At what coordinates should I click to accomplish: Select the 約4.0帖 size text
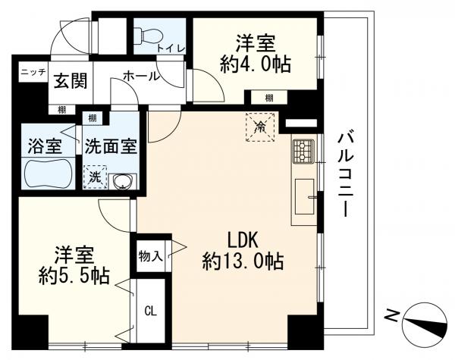click(256, 64)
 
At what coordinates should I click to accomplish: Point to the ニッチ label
click(33, 72)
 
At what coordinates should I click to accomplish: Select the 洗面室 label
click(111, 145)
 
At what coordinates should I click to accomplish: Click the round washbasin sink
click(121, 181)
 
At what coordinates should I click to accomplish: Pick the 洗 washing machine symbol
click(95, 177)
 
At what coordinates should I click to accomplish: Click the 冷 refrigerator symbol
click(260, 127)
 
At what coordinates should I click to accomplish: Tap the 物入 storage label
click(150, 255)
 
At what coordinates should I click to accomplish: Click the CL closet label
click(151, 311)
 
